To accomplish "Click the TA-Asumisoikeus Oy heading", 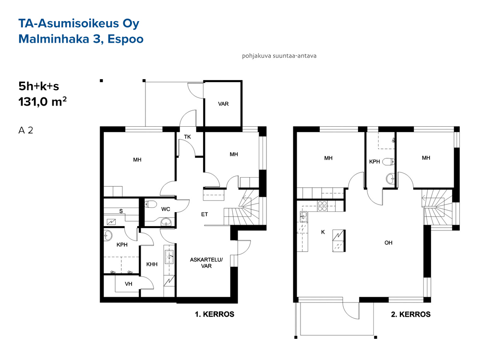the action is click(x=79, y=24).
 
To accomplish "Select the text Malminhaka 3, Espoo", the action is click(x=81, y=39).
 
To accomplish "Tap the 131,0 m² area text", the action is click(x=43, y=102).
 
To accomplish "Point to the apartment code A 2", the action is click(x=26, y=131).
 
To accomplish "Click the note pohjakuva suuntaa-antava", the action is click(x=279, y=56).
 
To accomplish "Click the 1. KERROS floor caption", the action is click(x=215, y=314).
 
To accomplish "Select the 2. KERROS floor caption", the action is click(x=411, y=314).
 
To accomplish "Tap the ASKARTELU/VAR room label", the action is click(x=206, y=263).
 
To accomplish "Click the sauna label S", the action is click(x=121, y=211).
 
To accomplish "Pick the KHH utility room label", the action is click(x=152, y=264).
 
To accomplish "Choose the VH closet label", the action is click(x=129, y=284).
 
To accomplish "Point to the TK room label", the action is click(x=187, y=137).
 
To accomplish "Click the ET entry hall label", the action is click(x=204, y=214).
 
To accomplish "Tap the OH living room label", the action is click(x=388, y=243).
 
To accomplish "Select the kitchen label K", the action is click(x=323, y=232).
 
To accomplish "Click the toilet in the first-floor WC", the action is click(x=150, y=204).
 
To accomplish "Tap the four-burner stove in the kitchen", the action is click(x=322, y=206).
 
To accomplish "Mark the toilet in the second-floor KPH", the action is click(x=388, y=161).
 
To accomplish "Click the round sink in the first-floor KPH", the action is click(x=108, y=235).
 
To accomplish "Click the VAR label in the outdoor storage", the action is click(x=224, y=104).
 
